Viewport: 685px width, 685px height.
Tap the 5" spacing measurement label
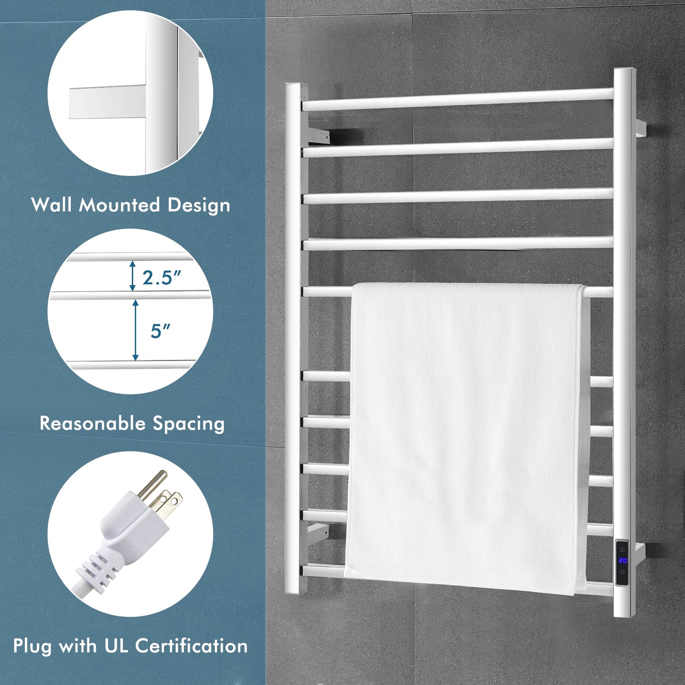(x=160, y=331)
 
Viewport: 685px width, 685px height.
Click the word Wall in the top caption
(x=51, y=205)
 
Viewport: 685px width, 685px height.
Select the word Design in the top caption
(x=199, y=206)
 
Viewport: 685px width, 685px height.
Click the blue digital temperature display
(x=622, y=561)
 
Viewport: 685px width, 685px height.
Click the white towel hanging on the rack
(x=467, y=436)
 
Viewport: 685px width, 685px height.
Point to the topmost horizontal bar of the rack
(x=457, y=100)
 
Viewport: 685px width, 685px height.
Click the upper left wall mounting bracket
(x=319, y=136)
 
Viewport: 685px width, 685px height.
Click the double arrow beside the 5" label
(x=136, y=330)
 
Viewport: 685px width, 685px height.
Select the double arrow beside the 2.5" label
(x=133, y=276)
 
